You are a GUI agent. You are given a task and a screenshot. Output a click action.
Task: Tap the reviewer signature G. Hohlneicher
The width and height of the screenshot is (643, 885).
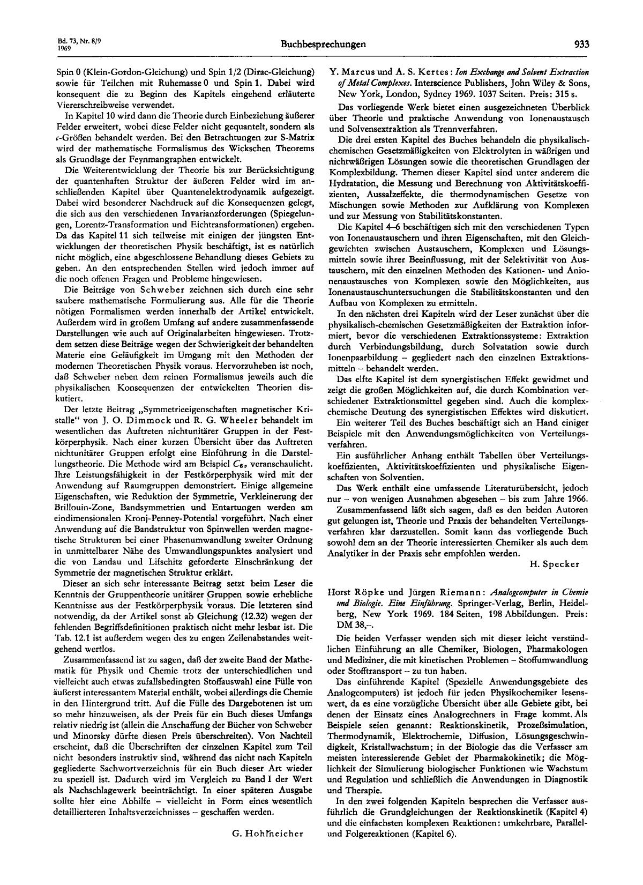[x=263, y=833]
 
